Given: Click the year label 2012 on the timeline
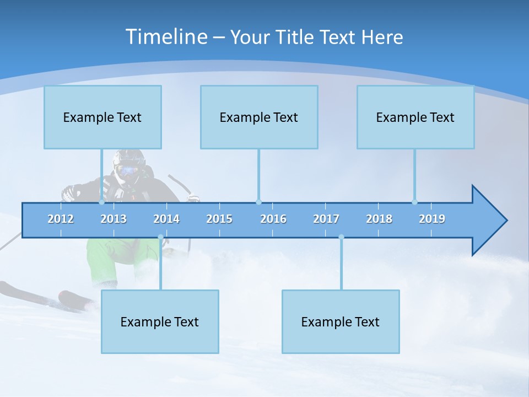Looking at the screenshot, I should (61, 219).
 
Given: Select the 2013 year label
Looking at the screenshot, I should (114, 219).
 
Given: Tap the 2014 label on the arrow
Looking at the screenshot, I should (166, 219).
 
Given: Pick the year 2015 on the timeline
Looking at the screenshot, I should (219, 219).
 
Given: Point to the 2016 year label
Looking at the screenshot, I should (273, 219).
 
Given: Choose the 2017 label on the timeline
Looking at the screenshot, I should (326, 219).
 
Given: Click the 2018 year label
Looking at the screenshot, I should (379, 219).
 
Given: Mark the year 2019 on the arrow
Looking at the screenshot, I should (432, 219).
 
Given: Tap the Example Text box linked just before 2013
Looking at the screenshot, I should (102, 117).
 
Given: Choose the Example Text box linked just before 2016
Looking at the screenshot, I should (259, 117).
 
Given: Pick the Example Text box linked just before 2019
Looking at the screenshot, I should (415, 117).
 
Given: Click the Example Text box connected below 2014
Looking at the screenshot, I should (160, 321).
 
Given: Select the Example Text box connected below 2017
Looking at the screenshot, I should (341, 321).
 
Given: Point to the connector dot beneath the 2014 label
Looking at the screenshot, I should (160, 237).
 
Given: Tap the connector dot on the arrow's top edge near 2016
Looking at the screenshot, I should (258, 202).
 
